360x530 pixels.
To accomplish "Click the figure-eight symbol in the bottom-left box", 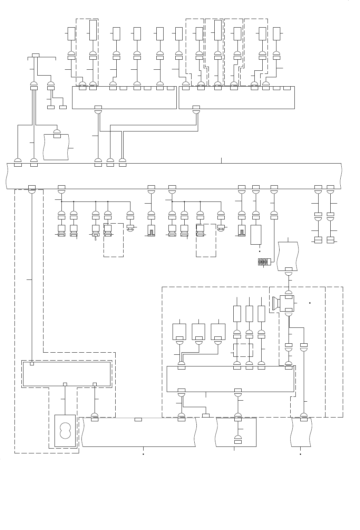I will click(x=65, y=431).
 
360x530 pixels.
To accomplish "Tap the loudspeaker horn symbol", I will click(x=275, y=303).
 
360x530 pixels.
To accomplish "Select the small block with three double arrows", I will click(x=263, y=262).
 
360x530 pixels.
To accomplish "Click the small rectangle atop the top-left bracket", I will click(x=36, y=55).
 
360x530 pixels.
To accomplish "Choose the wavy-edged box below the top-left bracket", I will click(x=57, y=147).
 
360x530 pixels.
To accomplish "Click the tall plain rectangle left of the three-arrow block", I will click(x=256, y=235).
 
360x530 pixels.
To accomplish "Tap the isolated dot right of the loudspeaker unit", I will click(x=310, y=303).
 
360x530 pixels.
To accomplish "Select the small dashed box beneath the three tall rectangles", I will click(x=243, y=350).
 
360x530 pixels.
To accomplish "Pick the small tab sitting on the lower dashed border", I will click(x=206, y=415).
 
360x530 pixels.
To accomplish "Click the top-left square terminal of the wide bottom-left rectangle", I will click(x=32, y=364).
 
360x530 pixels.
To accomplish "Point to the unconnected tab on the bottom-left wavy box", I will click(x=138, y=420).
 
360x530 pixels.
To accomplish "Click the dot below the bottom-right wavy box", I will click(x=301, y=454).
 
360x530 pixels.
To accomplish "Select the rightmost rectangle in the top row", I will click(x=276, y=33).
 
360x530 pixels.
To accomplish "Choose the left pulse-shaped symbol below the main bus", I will click(x=151, y=230).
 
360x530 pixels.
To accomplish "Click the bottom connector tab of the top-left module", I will click(x=98, y=107).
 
